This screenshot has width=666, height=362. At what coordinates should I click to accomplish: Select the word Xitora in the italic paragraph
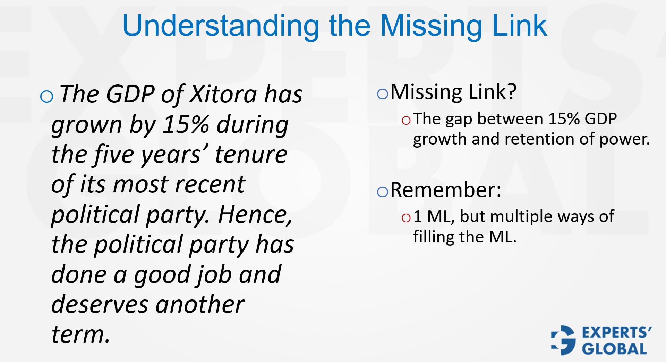point(224,94)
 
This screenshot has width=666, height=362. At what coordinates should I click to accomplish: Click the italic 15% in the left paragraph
point(186,124)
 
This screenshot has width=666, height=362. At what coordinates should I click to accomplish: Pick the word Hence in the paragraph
point(255,215)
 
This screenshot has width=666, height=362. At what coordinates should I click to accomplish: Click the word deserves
point(100,305)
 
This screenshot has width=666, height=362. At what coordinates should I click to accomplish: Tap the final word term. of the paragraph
point(81,335)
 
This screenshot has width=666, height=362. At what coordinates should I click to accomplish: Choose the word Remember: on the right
point(446,190)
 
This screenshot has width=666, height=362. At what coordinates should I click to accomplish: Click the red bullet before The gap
point(406,120)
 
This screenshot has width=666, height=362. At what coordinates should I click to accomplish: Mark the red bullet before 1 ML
point(406,218)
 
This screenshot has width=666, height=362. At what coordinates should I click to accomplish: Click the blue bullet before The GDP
point(46,96)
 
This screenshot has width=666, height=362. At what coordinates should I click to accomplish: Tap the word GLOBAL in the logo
point(614,349)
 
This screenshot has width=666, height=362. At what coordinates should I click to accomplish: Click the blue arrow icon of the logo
point(563,340)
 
